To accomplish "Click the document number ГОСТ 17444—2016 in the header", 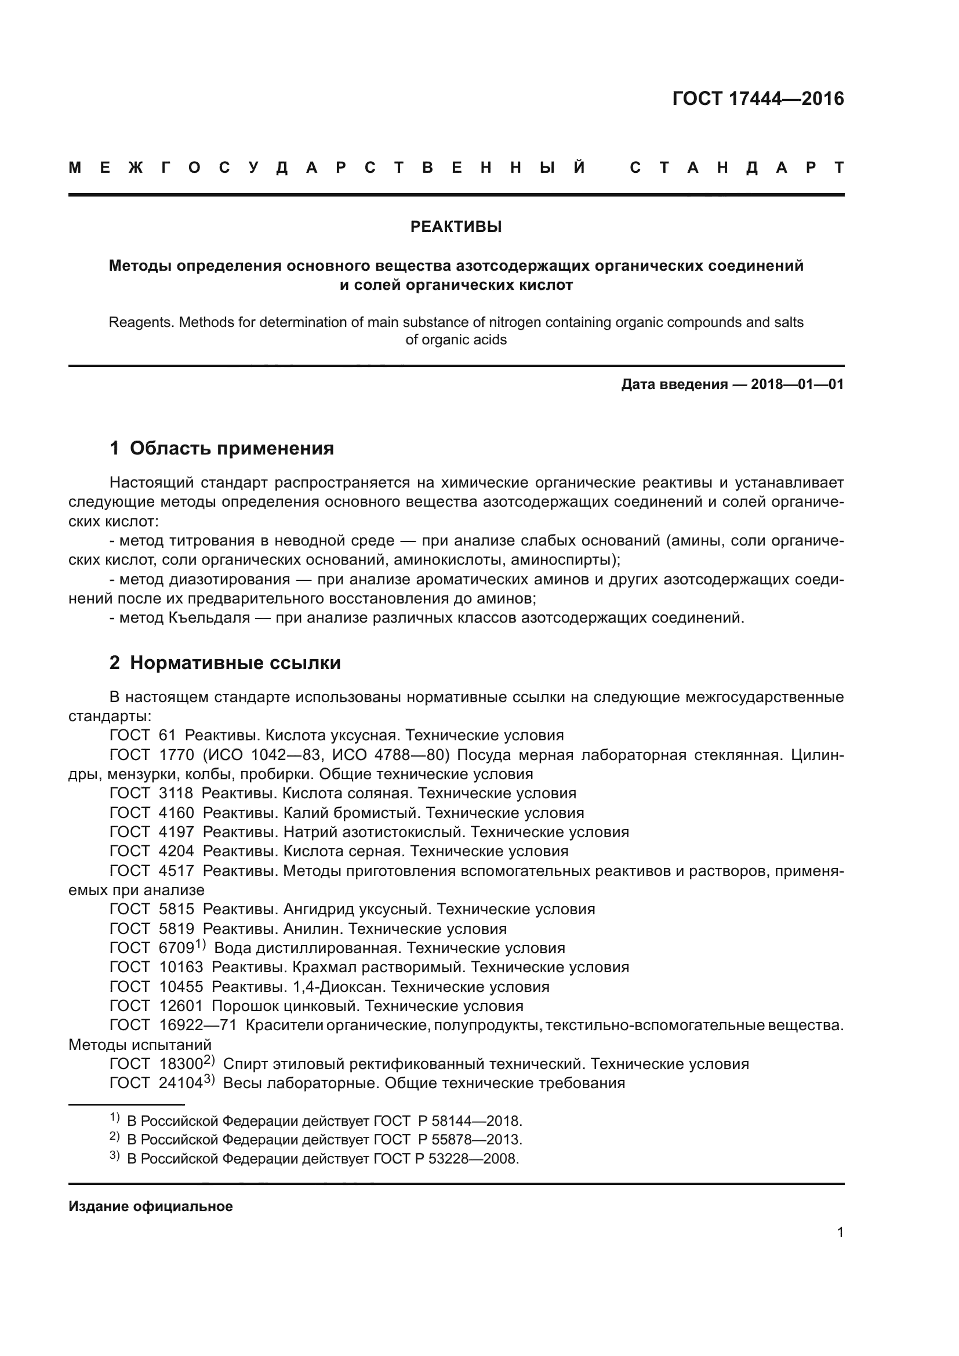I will (758, 99).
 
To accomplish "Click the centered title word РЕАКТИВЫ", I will (456, 227).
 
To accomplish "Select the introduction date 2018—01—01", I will (797, 384).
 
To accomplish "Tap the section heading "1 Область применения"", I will (221, 448).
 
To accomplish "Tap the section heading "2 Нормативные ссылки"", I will (225, 663).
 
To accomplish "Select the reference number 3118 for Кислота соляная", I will (176, 793).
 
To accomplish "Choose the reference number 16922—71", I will (198, 1024).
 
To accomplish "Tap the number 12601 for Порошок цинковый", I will (181, 1005).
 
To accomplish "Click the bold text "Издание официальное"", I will (151, 1206).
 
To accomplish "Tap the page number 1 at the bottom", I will (840, 1232).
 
